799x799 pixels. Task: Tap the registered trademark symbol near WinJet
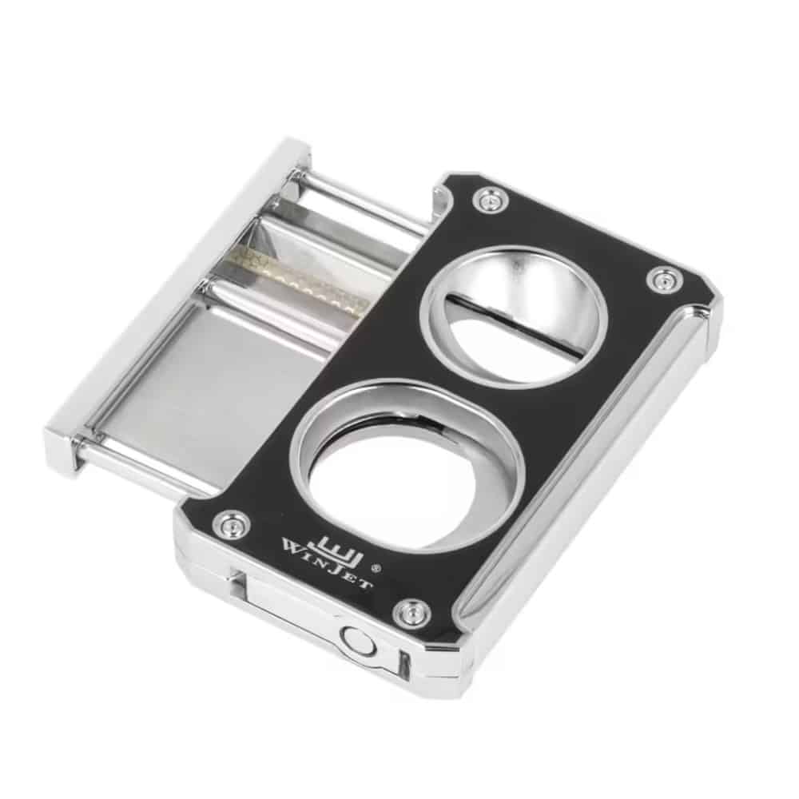tap(376, 566)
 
